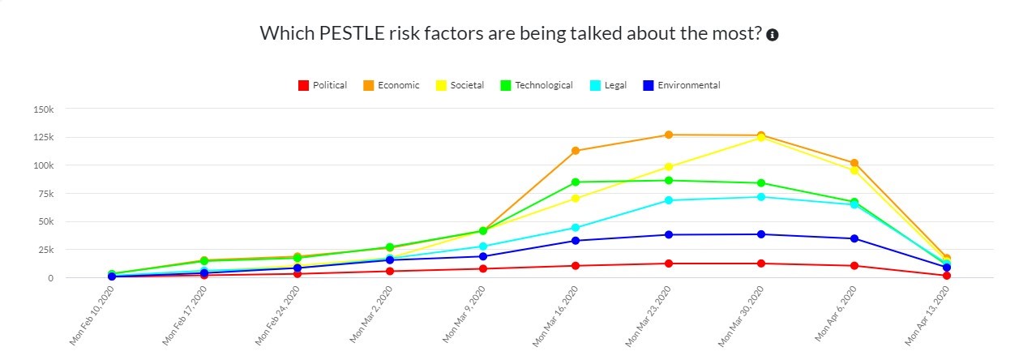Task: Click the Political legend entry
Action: point(323,85)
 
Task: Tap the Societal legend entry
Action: point(460,85)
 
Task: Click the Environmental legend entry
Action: point(680,85)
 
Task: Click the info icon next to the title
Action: point(773,35)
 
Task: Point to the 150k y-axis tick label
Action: point(42,109)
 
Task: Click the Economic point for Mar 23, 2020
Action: point(669,135)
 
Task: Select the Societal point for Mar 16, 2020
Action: point(576,198)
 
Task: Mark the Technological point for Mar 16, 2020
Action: point(576,182)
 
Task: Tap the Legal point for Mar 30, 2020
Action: point(761,197)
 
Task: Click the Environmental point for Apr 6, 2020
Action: point(854,238)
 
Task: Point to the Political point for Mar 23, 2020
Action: point(669,264)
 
